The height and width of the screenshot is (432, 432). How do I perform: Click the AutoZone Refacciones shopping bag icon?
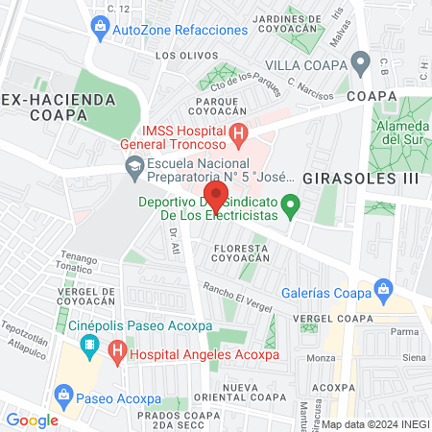[99, 30]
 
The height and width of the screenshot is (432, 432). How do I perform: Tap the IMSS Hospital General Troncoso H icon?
[238, 135]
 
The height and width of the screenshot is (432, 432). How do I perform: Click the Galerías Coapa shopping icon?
[383, 288]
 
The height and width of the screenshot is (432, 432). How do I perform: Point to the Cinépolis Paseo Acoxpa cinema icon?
[88, 344]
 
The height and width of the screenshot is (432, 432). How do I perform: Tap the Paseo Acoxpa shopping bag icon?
[64, 394]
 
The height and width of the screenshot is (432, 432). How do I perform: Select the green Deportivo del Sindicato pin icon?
[294, 203]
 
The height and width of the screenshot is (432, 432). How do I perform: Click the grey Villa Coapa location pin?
[360, 64]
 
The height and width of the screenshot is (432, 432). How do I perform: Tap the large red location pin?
[217, 196]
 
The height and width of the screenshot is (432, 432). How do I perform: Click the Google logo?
[32, 420]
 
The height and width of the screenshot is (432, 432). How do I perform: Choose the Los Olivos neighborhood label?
[180, 56]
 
